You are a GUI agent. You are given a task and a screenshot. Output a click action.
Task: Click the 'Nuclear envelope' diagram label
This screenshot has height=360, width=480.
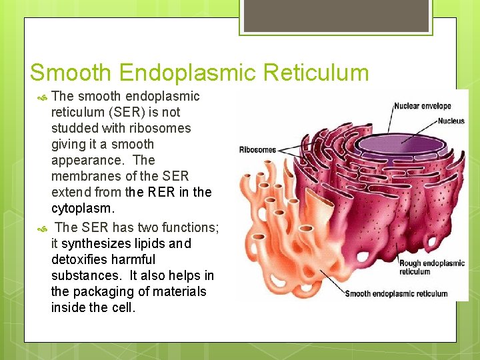click(422, 106)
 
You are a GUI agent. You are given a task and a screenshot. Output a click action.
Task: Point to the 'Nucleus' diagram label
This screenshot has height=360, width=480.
click(451, 121)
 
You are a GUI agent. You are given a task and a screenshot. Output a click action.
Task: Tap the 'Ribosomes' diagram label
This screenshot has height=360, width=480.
click(257, 149)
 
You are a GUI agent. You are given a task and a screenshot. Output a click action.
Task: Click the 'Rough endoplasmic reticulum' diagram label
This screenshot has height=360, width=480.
click(431, 267)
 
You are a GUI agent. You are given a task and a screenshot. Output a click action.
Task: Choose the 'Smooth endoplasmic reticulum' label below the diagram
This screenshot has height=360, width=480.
click(396, 294)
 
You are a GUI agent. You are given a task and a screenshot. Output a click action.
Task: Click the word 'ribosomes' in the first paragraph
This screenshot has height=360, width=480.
click(157, 128)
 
